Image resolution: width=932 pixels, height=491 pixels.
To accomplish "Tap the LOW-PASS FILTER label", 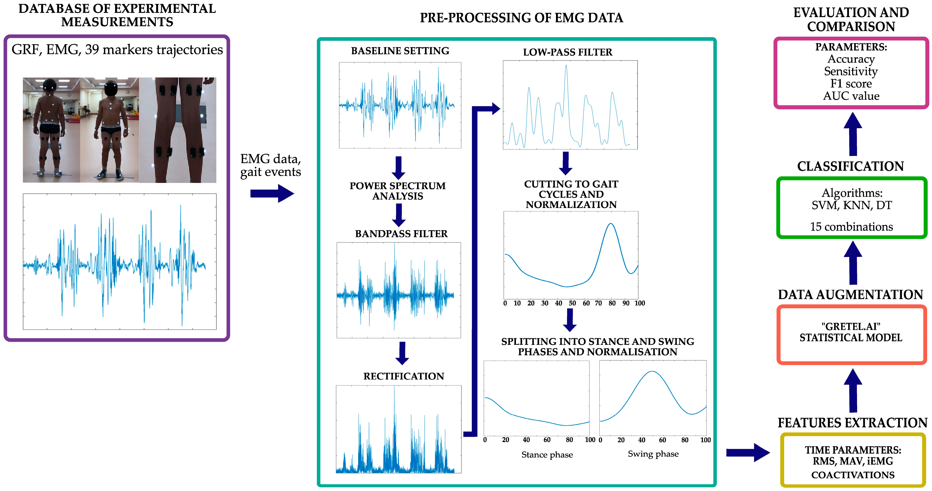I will (567, 53).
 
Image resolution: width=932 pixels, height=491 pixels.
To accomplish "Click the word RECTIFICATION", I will (403, 376).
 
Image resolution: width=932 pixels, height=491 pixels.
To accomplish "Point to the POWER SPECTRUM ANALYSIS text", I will (398, 191).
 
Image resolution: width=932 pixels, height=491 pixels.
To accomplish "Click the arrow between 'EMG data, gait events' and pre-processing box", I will (272, 193).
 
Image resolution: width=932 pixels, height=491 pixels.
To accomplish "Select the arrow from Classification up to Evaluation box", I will (853, 134).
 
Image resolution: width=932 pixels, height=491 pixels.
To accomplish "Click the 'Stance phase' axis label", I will (547, 455).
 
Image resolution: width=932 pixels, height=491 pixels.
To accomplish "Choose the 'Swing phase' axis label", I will (653, 454).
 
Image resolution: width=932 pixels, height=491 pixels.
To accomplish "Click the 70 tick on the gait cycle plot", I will (598, 303).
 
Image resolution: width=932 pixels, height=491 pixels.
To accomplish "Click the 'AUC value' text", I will (851, 96).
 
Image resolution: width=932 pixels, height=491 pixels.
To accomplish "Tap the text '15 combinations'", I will (851, 227).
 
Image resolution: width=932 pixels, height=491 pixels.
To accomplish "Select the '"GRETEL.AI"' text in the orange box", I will (851, 327).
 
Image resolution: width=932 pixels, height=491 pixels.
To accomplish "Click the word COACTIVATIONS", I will (853, 475).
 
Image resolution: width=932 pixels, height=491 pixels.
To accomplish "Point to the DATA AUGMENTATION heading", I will (851, 295).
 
